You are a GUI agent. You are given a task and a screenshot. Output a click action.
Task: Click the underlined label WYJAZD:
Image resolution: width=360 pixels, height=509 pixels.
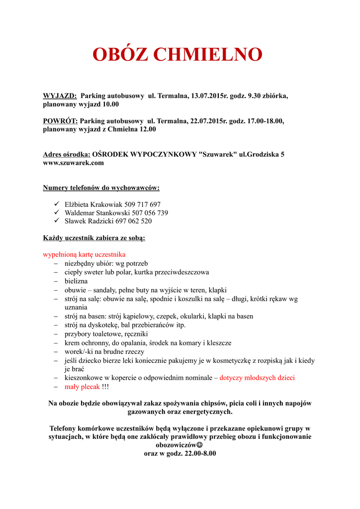pos(60,95)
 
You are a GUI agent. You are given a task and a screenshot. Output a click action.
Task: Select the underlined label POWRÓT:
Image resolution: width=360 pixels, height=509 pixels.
pos(60,121)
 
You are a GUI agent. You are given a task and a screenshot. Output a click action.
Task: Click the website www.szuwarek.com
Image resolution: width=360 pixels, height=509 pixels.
pos(74,163)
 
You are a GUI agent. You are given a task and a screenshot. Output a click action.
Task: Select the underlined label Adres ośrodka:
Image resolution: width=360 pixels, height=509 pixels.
pos(67,154)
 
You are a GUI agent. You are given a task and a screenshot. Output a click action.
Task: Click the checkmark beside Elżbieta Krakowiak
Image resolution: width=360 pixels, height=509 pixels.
pos(56,204)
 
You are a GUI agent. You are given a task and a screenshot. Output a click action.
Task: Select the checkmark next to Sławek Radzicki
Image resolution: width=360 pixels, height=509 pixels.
pos(56,221)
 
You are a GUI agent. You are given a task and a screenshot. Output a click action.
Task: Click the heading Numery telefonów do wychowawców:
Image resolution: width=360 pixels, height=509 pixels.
pos(101,188)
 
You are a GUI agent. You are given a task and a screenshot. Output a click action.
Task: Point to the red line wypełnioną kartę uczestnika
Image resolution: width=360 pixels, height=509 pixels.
pos(84,254)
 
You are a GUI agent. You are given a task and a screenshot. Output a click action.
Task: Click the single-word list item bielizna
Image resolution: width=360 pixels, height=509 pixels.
pos(76,281)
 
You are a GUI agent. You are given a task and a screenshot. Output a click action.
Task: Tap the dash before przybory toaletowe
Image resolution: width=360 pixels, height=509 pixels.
pos(56,334)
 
